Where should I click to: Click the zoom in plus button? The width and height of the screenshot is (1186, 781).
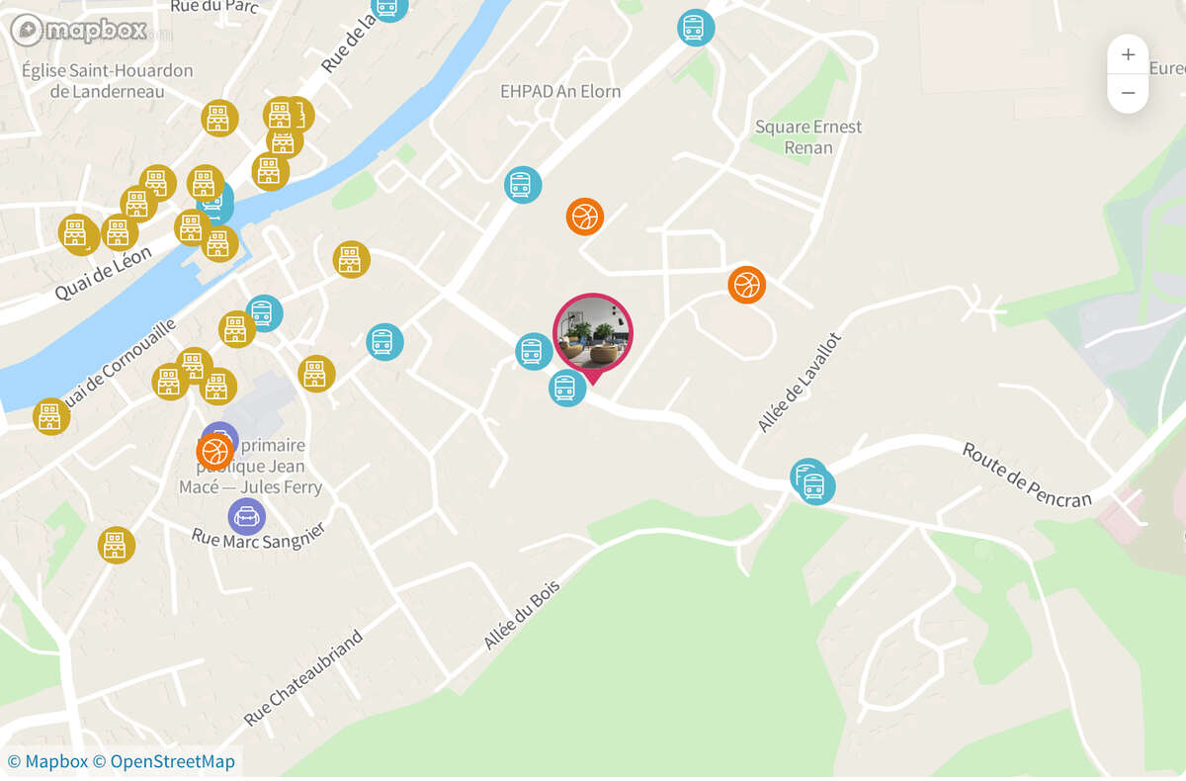point(1128,54)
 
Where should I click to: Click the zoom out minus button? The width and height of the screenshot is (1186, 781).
point(1128,94)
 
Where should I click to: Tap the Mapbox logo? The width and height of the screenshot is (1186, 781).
point(79,30)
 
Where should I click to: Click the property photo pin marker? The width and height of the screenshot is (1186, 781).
point(593,332)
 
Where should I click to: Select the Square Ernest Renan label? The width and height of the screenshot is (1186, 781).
point(807,137)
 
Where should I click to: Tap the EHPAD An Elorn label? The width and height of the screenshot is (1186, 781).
point(560,91)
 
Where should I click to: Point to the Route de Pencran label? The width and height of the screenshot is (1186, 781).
point(1028,475)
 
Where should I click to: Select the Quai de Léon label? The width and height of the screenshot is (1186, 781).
point(103,273)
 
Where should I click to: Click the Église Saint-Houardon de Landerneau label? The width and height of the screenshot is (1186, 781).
point(107,81)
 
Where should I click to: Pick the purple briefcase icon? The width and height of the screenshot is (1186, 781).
point(246,516)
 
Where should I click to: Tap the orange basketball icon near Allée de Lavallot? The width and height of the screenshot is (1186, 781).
point(747,285)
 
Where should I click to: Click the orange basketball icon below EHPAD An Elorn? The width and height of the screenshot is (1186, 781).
point(585,216)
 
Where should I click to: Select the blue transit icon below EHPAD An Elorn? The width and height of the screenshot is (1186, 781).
point(523,185)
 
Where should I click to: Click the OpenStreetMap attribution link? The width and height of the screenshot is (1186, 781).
point(172,761)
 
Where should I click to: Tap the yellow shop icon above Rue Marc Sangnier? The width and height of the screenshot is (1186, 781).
point(117,545)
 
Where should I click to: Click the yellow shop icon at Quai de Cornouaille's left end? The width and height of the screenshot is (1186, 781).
point(50,416)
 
